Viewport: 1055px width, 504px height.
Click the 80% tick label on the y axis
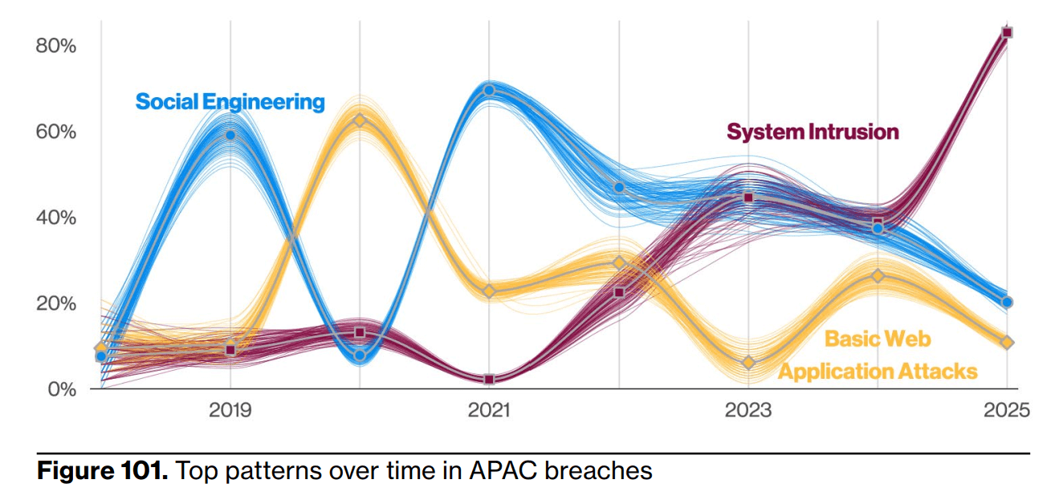point(55,46)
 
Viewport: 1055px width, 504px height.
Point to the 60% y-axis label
point(55,132)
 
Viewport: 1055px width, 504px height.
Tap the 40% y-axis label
point(55,217)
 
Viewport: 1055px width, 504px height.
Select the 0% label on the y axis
point(60,390)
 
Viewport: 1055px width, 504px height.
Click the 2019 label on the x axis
point(230,411)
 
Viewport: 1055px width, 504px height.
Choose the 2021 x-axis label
point(489,411)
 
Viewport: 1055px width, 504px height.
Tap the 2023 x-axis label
point(748,411)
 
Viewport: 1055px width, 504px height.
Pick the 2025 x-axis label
point(1006,411)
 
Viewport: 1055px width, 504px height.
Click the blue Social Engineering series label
point(230,102)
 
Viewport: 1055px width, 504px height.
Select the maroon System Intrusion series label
point(813,132)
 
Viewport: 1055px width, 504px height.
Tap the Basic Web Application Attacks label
point(878,355)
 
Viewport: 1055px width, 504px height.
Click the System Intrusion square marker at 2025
point(1007,33)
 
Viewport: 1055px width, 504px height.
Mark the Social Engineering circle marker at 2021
point(489,90)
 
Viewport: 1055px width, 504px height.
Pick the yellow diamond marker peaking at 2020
point(360,120)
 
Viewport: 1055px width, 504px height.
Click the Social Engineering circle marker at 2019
point(230,135)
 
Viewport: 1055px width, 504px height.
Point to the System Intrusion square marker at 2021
point(489,379)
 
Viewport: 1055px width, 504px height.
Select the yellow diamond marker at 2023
point(748,363)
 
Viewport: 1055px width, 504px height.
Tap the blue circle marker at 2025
point(1007,303)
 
